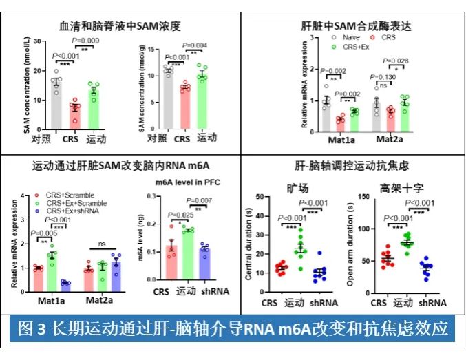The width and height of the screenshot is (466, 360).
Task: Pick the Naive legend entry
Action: tap(348, 36)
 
